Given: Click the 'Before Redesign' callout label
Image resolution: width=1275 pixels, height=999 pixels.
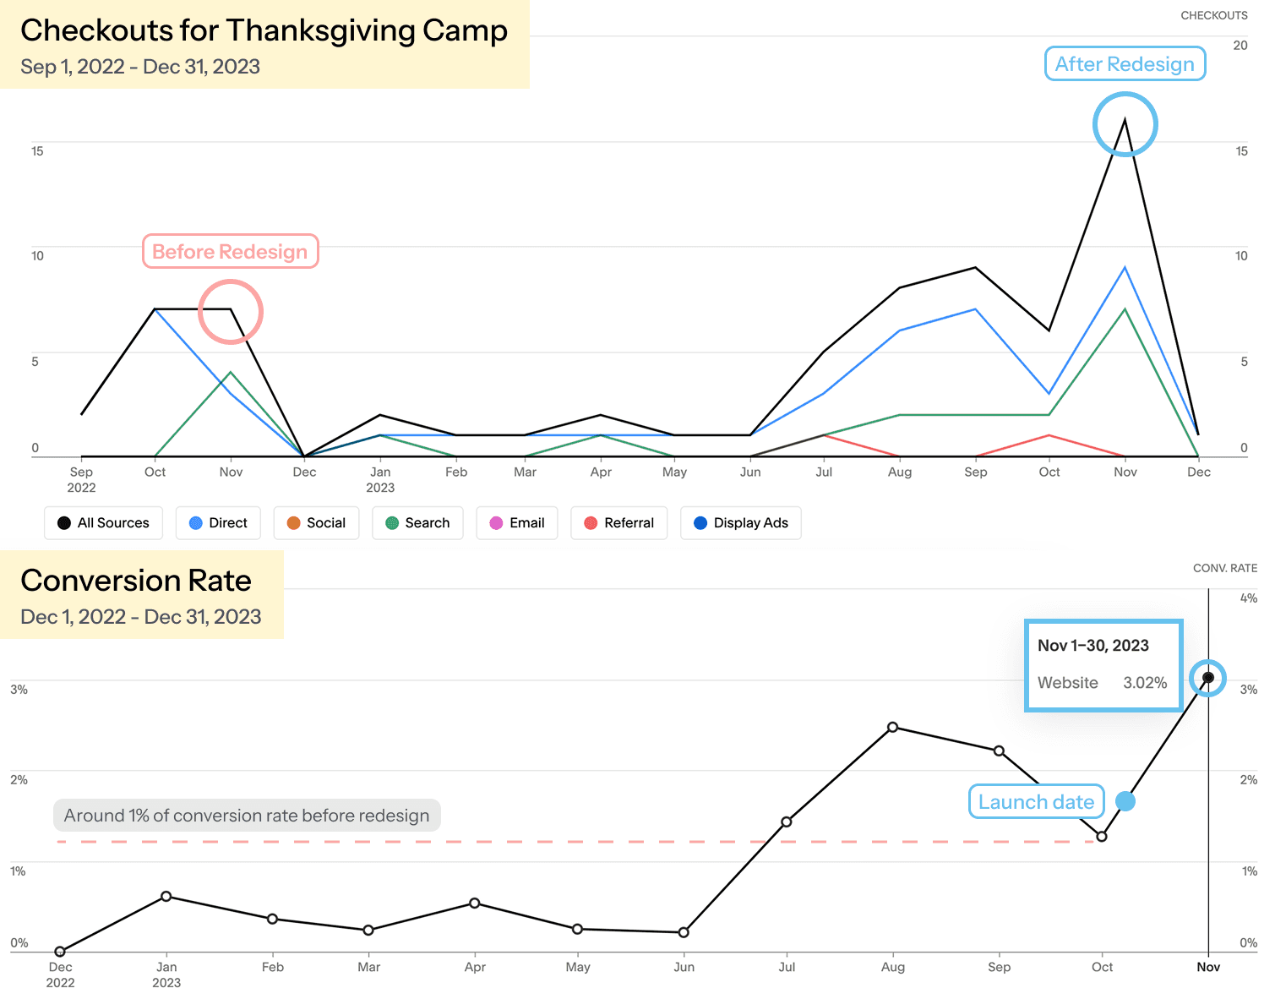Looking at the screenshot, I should [x=230, y=252].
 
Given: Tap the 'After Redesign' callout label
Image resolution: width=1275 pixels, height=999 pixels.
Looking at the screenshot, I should [x=1125, y=64].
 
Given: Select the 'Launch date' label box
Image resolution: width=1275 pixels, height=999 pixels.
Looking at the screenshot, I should [x=1036, y=802].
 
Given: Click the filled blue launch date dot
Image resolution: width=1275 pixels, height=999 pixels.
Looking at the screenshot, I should [x=1125, y=801].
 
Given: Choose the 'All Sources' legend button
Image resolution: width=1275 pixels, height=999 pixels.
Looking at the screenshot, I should [x=103, y=523].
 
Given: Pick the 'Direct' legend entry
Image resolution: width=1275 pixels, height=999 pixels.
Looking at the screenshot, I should [x=218, y=523].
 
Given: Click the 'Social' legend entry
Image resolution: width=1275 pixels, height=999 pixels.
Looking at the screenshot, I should [x=316, y=523].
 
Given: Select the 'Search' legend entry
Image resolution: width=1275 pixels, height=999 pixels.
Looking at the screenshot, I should [x=417, y=523].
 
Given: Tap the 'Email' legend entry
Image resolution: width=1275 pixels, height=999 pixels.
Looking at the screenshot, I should [x=516, y=523].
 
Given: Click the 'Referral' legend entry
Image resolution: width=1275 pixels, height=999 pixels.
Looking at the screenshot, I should [x=618, y=523].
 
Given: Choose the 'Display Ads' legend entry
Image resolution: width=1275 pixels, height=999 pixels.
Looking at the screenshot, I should [x=740, y=523].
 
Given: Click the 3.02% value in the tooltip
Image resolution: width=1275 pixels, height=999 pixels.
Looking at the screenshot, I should [x=1145, y=683].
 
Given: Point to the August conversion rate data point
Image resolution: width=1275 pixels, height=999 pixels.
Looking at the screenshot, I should [x=893, y=728].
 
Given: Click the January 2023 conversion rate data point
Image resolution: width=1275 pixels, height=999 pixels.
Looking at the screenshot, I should [x=166, y=897].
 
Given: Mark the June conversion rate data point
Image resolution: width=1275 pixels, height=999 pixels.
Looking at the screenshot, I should [x=684, y=933].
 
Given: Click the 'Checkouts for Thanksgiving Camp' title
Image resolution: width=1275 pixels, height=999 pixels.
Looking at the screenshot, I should [x=264, y=30].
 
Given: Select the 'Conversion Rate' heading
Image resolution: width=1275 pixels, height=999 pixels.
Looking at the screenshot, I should [x=136, y=581].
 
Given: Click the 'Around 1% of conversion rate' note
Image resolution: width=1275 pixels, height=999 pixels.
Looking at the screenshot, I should [x=247, y=816].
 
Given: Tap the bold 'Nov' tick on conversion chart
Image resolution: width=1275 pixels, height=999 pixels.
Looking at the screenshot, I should [x=1208, y=968].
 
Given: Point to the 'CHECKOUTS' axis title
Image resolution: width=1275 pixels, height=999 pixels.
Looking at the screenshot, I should [x=1213, y=15].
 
